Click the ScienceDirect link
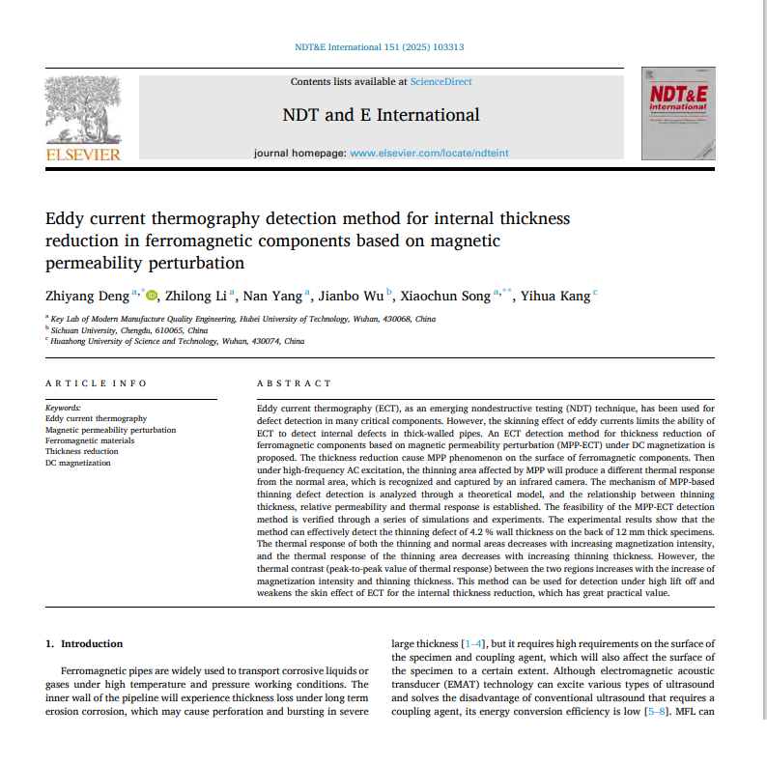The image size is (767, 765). [440, 82]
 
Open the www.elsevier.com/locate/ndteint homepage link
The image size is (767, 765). [429, 154]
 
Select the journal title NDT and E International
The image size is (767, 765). [381, 115]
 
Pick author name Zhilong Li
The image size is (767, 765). [197, 297]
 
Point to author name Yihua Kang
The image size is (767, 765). [554, 297]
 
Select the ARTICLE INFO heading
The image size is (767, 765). [97, 383]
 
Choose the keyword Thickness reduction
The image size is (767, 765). [82, 451]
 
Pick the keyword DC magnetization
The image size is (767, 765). [78, 463]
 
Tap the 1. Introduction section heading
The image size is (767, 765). [85, 643]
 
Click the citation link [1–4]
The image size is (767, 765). [475, 643]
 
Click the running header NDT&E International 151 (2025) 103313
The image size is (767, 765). [379, 46]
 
